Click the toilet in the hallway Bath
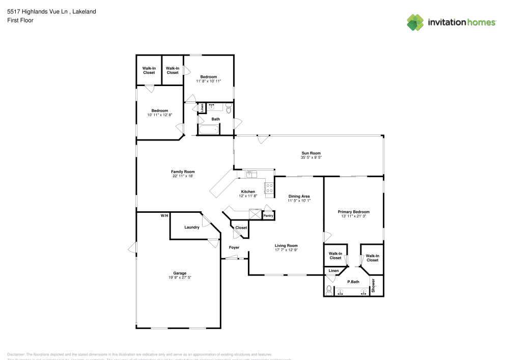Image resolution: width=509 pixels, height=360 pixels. pos(229,109)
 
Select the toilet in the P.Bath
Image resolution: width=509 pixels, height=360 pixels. pos(329,291)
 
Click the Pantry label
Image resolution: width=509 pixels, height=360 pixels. pos(268,216)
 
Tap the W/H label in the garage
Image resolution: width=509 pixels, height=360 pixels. pos(164,216)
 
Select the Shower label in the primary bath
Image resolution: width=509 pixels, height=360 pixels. pos(373,285)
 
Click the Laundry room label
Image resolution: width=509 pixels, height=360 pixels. pos(191,227)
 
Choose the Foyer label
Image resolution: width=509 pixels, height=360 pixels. pos(234,247)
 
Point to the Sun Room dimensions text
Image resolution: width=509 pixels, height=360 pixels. pos(311,157)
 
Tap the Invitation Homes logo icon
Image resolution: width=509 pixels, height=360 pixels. pos(415,22)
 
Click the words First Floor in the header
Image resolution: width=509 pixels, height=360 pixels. pos(20,20)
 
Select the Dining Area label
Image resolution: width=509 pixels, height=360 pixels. pos(299,196)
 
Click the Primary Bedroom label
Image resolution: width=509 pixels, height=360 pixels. pos(354,211)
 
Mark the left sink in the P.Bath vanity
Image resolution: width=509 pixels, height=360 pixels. pos(341,292)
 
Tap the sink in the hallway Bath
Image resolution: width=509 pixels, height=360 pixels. pos(212,107)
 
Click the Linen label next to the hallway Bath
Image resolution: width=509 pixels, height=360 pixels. pos(202,108)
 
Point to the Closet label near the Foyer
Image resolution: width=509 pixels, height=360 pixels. pos(241,228)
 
